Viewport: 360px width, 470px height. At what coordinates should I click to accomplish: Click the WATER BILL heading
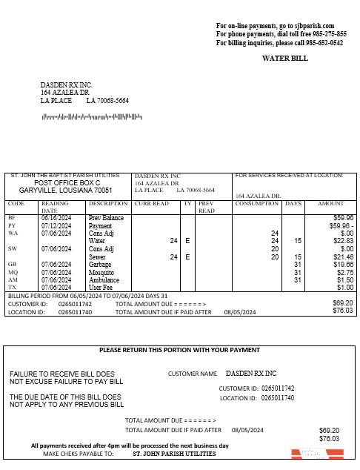coord(284,58)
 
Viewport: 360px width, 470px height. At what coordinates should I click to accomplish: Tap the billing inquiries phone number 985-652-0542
coord(325,43)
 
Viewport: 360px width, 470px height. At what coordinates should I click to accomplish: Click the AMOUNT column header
coord(330,203)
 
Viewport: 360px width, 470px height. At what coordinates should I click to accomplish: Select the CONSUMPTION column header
coord(256,203)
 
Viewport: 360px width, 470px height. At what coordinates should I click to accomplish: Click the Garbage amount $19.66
coord(343,264)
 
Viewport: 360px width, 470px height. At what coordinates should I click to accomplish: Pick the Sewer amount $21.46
coord(343,256)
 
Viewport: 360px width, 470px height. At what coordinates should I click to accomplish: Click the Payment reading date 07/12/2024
coord(56,225)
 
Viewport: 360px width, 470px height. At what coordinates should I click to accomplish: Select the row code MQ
coord(13,272)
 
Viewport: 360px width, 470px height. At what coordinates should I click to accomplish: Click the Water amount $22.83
coord(343,241)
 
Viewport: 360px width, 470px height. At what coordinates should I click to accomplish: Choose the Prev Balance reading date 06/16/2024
coord(56,218)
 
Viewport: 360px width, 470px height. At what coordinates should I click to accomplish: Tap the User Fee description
coord(101,288)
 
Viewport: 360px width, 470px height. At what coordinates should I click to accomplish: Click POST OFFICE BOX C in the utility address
coord(67,182)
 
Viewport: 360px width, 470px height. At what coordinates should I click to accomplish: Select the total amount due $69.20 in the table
coord(342,303)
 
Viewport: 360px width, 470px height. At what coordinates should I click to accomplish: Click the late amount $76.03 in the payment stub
coord(329,439)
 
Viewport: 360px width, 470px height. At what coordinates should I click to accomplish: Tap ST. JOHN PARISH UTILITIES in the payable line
coord(174,454)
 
